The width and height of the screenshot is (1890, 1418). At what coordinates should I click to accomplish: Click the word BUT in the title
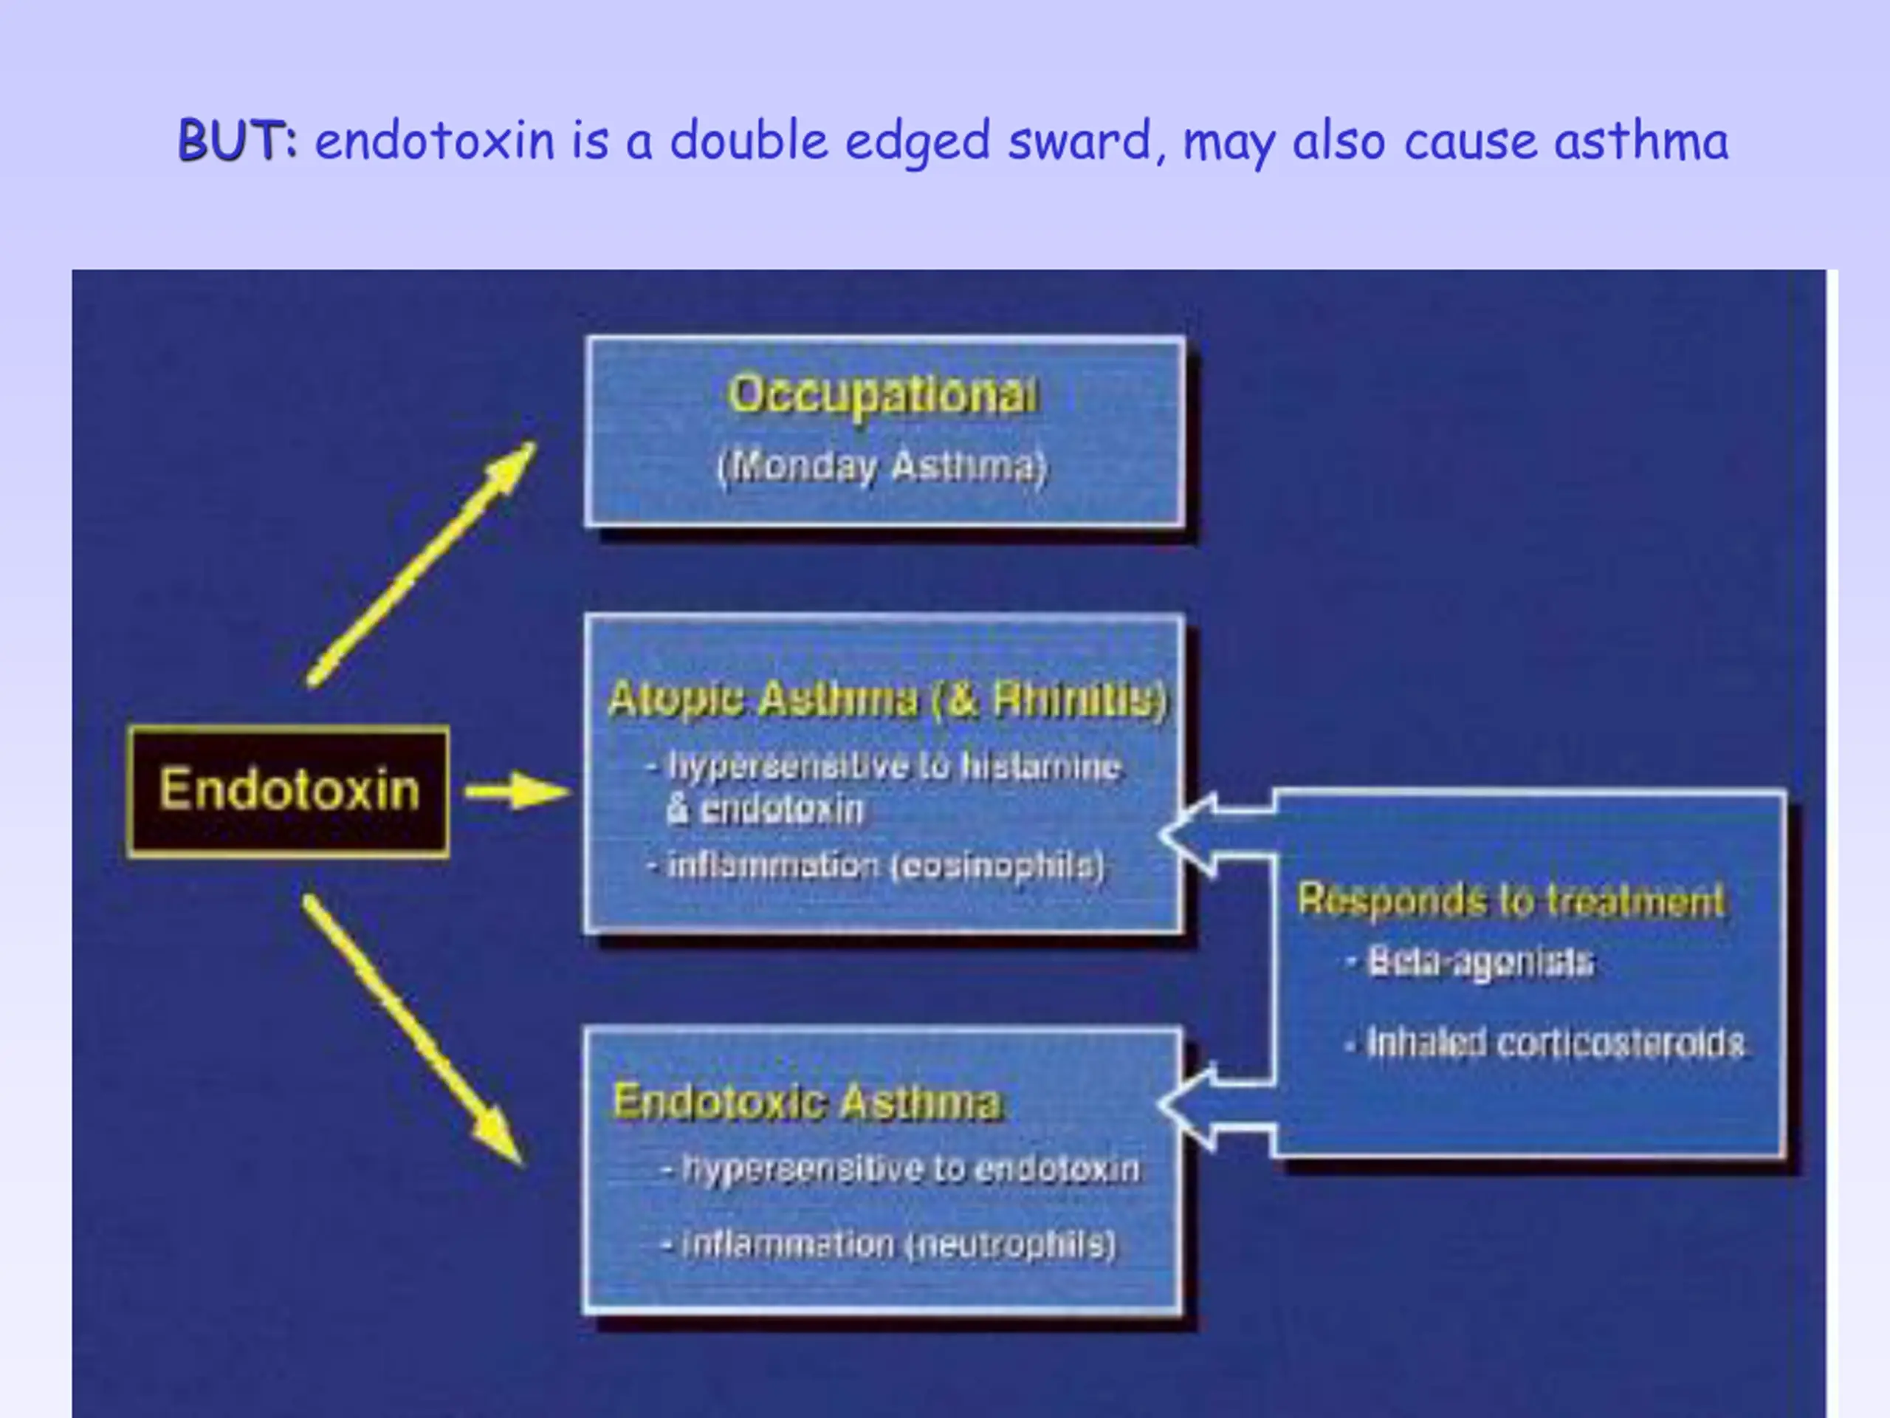coord(238,140)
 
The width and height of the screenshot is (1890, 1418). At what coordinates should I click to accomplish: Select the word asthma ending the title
coord(1641,140)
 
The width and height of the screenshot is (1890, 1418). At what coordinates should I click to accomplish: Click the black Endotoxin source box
coord(288,791)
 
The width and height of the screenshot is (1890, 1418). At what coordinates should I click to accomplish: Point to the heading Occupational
coord(884,394)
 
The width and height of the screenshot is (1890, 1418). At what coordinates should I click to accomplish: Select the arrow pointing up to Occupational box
coord(422,564)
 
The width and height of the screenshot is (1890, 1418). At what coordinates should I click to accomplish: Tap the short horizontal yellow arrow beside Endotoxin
coord(518,792)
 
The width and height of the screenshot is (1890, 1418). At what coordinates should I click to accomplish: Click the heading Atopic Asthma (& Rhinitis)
coord(887,699)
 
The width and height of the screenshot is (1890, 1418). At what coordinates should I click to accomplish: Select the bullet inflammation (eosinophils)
coord(876,866)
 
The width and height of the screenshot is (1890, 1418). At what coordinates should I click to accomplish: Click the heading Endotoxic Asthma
coord(807,1101)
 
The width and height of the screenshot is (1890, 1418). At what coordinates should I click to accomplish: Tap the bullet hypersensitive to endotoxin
coord(902,1168)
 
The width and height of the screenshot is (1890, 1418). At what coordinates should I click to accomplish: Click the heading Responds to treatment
coord(1511,900)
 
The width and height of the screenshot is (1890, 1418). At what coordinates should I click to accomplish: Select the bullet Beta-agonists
coord(1471,962)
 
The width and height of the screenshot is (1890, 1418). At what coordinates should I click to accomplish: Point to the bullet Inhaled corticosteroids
coord(1544,1043)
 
